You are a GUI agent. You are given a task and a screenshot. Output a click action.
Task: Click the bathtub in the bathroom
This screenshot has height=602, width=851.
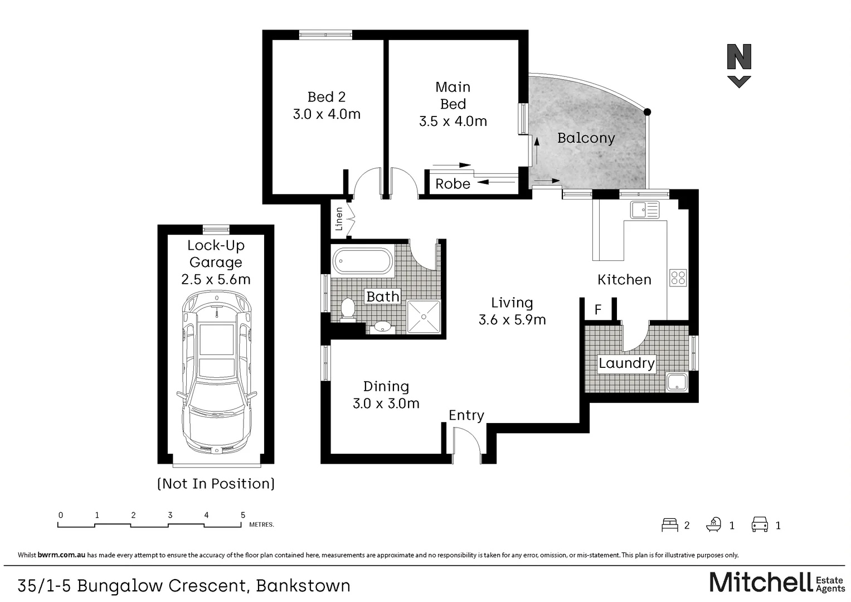point(362,261)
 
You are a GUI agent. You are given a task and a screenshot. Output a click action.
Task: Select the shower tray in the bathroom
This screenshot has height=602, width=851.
point(424,317)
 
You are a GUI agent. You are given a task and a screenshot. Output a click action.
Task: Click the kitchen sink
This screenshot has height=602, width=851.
point(644,210)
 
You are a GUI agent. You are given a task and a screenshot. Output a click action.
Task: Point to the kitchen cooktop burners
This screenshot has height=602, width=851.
point(678,278)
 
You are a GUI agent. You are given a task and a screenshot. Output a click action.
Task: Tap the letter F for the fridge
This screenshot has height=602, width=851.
point(598,309)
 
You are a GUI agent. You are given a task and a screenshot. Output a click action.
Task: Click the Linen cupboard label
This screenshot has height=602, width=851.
point(339,219)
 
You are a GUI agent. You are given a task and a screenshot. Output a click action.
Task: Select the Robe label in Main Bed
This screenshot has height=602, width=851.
point(453,184)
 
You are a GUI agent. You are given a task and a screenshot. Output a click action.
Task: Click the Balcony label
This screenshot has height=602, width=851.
point(586,138)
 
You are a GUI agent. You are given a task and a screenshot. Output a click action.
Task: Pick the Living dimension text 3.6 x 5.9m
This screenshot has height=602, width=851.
point(512,320)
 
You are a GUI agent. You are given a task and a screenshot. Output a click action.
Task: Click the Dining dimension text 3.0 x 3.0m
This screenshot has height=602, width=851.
point(386,404)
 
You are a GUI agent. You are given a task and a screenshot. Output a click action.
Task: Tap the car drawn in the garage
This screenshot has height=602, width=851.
point(216,373)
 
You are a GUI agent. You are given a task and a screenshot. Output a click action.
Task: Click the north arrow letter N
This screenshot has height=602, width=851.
point(739,57)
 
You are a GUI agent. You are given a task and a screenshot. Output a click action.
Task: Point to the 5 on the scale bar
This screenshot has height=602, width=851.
point(242,515)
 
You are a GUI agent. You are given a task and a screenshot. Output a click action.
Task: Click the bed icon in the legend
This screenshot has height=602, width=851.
point(669,525)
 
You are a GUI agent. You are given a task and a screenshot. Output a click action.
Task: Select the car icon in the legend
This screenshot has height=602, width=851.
point(760,525)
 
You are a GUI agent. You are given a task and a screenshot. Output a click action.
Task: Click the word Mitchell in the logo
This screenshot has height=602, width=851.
point(761,582)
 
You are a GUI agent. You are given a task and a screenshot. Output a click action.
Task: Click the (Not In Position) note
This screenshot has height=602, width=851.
point(216,484)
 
